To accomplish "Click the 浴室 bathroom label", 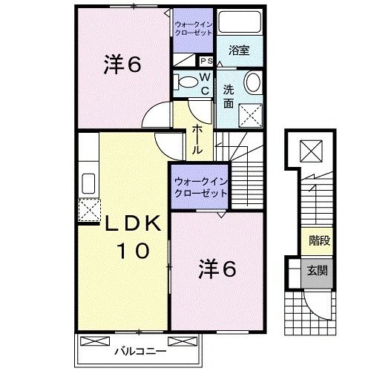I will (x=240, y=51).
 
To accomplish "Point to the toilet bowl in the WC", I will (x=186, y=82).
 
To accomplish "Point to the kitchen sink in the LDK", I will (x=88, y=183).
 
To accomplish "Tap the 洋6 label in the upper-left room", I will (x=122, y=65).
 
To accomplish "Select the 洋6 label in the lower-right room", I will (x=217, y=269).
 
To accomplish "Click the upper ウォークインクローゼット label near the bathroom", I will (x=194, y=28).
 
